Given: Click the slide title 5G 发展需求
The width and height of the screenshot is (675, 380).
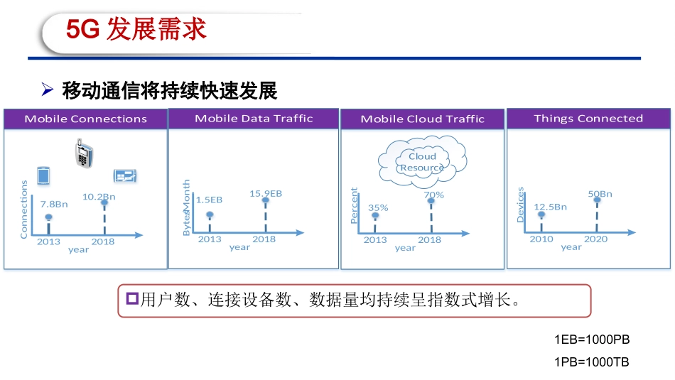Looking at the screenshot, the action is click(x=136, y=29).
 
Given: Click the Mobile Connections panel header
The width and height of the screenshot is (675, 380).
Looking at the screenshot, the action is click(x=85, y=119).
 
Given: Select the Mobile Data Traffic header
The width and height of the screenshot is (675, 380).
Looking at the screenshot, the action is click(x=254, y=119).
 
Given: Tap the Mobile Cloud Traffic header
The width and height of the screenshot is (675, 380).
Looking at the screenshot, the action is click(x=422, y=119).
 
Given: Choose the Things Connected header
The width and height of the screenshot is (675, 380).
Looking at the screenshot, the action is click(x=588, y=119).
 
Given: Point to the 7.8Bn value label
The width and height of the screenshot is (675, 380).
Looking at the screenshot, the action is click(x=54, y=204).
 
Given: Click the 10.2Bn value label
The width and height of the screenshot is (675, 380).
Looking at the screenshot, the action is click(x=99, y=196).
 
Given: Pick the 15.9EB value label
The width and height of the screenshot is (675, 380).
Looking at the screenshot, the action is click(x=266, y=193).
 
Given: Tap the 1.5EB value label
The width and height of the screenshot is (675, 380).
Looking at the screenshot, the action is click(x=209, y=200).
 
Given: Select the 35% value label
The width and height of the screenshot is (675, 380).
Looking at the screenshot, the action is click(x=378, y=207).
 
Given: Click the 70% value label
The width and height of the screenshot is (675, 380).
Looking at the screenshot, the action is click(x=433, y=195).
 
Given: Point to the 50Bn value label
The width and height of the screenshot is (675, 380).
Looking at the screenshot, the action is click(x=600, y=194).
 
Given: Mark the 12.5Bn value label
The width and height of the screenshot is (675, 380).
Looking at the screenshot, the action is click(x=551, y=207).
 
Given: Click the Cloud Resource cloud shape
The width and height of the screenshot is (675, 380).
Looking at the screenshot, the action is click(x=422, y=161).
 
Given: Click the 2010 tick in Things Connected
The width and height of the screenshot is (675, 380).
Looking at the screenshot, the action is click(x=541, y=239).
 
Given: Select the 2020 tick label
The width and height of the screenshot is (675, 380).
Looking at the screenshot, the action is click(x=595, y=239).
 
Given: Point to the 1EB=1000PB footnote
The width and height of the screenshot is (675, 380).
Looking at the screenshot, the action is click(x=591, y=340).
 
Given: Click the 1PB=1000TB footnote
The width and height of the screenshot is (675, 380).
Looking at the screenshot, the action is click(x=591, y=362).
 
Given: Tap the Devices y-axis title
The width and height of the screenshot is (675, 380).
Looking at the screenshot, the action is click(x=520, y=205).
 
